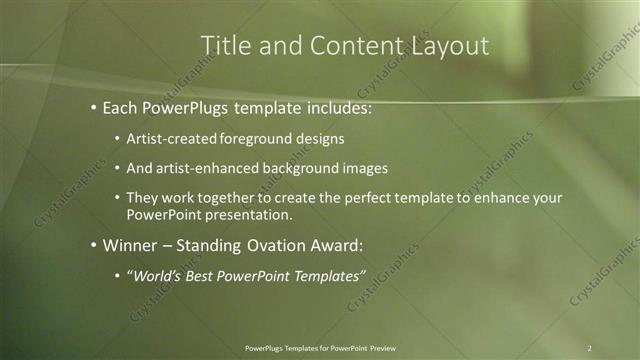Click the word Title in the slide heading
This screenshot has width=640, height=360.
(224, 46)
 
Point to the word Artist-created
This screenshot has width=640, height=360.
(170, 138)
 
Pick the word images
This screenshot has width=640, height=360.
(363, 168)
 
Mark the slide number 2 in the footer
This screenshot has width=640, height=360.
(590, 348)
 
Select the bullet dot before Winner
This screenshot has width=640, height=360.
(93, 245)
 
